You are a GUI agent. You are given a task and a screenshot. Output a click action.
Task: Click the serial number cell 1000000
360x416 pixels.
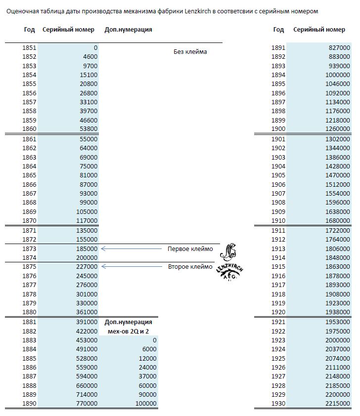coord(338,75)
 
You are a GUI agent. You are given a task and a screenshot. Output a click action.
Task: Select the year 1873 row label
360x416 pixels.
coord(29,249)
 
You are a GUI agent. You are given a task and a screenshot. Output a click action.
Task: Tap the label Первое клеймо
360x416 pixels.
coord(190,249)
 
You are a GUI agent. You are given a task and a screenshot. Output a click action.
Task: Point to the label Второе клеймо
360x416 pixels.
coord(190,267)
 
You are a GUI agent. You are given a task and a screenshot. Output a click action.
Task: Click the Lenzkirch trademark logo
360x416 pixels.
coord(229,263)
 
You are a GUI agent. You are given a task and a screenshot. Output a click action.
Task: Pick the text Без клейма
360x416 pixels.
coord(190,52)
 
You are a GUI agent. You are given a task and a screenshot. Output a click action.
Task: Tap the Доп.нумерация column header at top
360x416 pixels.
coord(129,30)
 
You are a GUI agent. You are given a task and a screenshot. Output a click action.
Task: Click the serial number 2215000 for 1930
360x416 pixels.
coord(338,404)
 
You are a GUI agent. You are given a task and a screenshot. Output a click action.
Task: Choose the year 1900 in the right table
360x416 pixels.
coord(278,129)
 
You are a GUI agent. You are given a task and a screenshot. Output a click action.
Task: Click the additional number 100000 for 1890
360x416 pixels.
coord(146,404)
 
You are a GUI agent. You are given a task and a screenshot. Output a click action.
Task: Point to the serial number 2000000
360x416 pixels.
coord(338,340)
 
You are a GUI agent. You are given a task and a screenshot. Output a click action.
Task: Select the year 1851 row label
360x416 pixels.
coord(29,48)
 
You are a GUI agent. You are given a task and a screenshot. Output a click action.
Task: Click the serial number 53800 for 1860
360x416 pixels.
coord(89,129)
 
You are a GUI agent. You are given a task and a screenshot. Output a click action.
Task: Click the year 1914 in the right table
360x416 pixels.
coord(278,257)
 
